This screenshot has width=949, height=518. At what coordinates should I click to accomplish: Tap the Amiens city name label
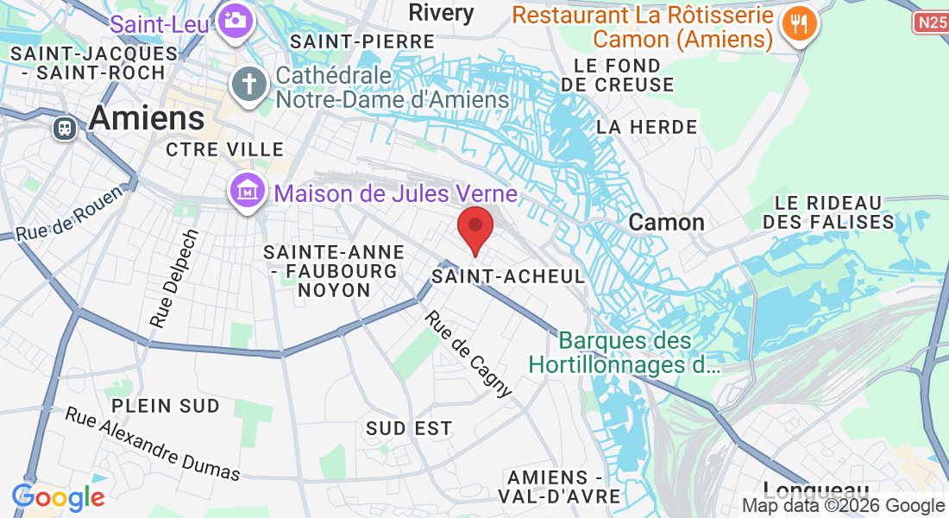click(147, 118)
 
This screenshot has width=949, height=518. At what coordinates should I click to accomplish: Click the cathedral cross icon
click(248, 85)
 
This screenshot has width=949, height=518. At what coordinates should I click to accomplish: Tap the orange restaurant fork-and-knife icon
click(800, 25)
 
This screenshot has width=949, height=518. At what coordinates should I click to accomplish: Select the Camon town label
click(666, 222)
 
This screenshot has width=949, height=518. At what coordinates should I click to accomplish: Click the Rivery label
click(442, 12)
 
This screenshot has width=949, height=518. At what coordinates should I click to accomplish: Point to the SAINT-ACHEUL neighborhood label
click(508, 276)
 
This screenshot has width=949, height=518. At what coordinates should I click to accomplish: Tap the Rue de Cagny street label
click(469, 354)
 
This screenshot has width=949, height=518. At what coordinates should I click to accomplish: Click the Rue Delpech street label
click(174, 277)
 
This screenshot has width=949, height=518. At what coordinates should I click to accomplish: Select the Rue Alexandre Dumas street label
click(153, 444)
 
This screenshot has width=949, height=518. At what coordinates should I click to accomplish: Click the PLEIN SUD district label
click(165, 405)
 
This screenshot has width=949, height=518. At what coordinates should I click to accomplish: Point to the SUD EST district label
click(408, 428)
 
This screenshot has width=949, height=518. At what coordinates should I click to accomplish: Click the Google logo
click(58, 497)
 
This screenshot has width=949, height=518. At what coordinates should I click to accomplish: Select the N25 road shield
click(931, 22)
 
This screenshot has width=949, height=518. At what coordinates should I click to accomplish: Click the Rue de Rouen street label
click(58, 221)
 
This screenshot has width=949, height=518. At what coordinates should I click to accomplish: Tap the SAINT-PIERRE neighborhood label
click(362, 41)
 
